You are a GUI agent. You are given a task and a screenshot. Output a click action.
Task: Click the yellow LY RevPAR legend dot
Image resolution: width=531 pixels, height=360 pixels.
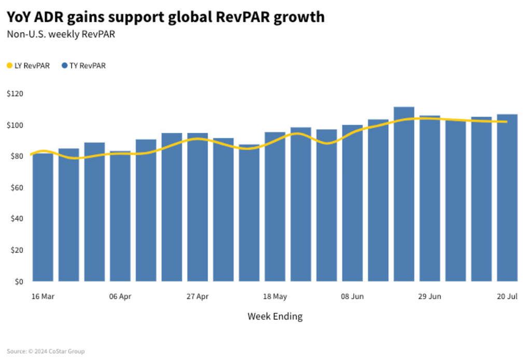coord(9,66)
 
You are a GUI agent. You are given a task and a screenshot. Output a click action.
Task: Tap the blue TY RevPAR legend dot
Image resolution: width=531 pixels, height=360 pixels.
coord(65,66)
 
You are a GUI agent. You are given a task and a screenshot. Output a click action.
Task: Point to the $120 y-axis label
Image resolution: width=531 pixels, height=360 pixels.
coord(15,94)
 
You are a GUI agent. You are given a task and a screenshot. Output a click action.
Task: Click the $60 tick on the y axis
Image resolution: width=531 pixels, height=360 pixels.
coord(17,187)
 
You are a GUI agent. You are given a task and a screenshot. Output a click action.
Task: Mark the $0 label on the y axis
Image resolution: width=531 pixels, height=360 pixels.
coord(19,282)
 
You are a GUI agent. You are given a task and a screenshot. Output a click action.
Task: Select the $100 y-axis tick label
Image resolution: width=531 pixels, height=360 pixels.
coord(15,125)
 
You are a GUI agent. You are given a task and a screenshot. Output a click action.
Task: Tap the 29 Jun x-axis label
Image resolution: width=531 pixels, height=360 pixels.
coord(429,297)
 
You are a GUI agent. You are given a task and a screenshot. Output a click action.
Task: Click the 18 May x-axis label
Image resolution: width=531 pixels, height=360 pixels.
coord(275,297)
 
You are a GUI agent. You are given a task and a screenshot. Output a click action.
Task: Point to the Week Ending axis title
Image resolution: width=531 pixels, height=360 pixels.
coord(275,316)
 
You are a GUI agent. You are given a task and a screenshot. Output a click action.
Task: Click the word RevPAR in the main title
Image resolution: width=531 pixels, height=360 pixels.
coord(240,17)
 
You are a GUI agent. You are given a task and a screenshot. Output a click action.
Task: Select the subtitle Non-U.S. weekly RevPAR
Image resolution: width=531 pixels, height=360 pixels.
coord(61,35)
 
